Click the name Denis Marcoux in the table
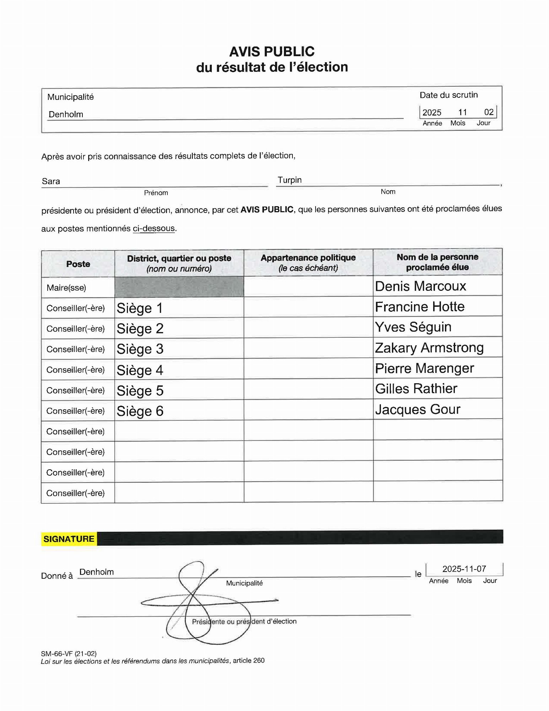click(420, 286)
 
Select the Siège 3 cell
click(140, 349)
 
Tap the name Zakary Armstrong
click(429, 348)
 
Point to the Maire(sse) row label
click(66, 288)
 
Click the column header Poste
click(78, 264)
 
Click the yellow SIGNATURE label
click(69, 539)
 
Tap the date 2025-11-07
click(464, 569)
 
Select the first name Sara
click(51, 181)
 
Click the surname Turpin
click(290, 180)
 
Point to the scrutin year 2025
click(432, 112)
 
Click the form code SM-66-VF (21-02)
click(69, 653)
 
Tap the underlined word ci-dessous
click(154, 228)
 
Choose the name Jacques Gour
click(418, 410)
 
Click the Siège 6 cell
click(140, 411)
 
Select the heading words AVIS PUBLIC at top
click(272, 52)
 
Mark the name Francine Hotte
click(420, 307)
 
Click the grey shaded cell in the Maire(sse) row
click(179, 287)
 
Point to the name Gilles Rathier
click(416, 389)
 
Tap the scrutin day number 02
click(489, 112)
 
